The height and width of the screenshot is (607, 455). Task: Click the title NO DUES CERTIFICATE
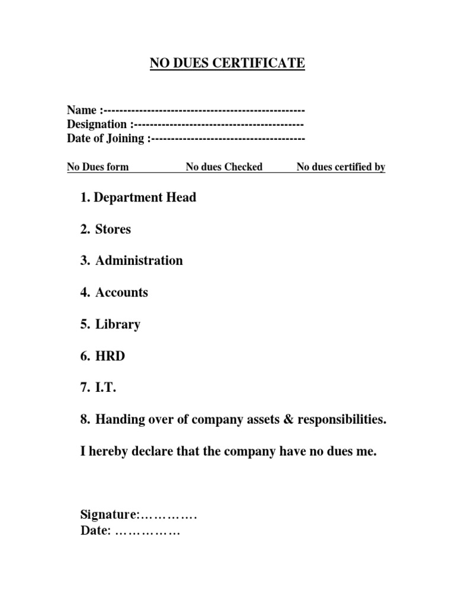pyautogui.click(x=227, y=62)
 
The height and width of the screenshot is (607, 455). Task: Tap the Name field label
pyautogui.click(x=82, y=110)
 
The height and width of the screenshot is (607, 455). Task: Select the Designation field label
pyautogui.click(x=97, y=124)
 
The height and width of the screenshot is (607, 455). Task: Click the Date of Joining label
pyautogui.click(x=105, y=139)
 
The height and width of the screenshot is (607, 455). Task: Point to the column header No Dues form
pyautogui.click(x=98, y=167)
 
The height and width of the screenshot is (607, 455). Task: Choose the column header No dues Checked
pyautogui.click(x=224, y=167)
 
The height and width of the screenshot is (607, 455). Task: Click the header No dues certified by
pyautogui.click(x=341, y=167)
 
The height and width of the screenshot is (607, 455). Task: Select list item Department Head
pyautogui.click(x=145, y=197)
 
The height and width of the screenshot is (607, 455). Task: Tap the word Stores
pyautogui.click(x=113, y=229)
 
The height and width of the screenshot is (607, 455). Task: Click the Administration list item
pyautogui.click(x=139, y=261)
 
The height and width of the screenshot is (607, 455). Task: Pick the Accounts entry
pyautogui.click(x=121, y=293)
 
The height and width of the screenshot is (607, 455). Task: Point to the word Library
pyautogui.click(x=118, y=325)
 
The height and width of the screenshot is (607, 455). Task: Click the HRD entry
pyautogui.click(x=110, y=357)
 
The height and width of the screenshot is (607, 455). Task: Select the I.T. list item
pyautogui.click(x=106, y=388)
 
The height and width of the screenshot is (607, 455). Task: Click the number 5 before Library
pyautogui.click(x=84, y=325)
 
